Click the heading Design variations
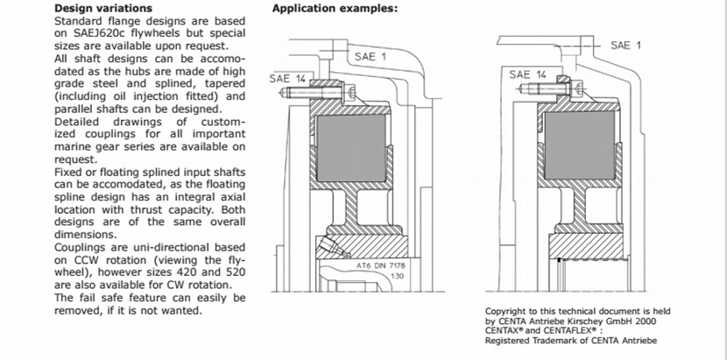[104, 9]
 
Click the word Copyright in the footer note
[508, 311]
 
